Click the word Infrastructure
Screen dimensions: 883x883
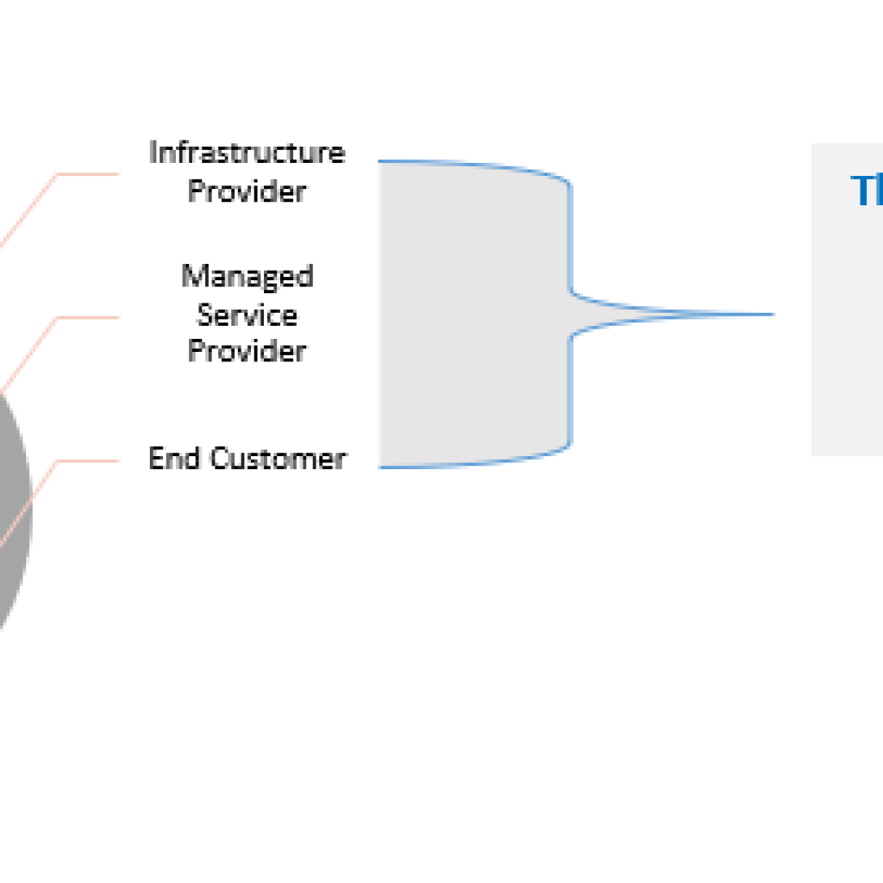point(247,153)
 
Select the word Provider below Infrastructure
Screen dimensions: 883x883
point(247,191)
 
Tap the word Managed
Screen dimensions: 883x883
point(247,277)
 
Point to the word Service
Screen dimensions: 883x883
point(247,315)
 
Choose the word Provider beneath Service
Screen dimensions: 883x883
point(247,351)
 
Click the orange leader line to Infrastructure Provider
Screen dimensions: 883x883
point(86,174)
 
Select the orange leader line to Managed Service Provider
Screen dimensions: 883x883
point(86,317)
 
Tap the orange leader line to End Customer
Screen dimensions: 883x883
point(86,460)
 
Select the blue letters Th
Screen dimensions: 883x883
point(866,191)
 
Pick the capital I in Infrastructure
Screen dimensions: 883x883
point(153,153)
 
